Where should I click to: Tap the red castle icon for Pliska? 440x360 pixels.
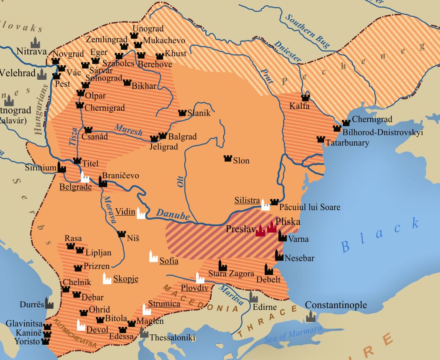click(x=272, y=227)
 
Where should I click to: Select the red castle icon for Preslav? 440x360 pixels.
click(x=261, y=230)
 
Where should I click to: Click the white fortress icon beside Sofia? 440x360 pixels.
click(x=153, y=256)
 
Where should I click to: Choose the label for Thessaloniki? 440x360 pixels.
click(x=173, y=338)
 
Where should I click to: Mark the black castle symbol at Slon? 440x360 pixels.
click(x=227, y=159)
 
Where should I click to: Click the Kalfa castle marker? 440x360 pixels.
click(x=305, y=98)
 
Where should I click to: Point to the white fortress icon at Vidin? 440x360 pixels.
click(x=141, y=213)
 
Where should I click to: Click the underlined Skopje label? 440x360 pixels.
click(x=125, y=279)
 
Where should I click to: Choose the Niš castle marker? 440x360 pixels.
click(x=122, y=234)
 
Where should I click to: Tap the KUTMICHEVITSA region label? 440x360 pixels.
click(x=74, y=334)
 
